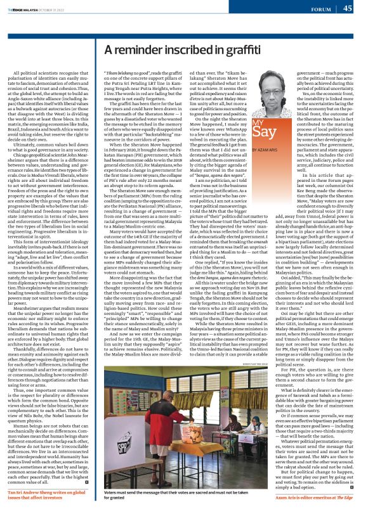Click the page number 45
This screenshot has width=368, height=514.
point(348,9)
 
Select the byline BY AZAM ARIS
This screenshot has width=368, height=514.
point(266,148)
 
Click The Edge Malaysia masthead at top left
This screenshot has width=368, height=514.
point(29,9)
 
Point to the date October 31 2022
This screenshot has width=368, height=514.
point(70,9)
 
